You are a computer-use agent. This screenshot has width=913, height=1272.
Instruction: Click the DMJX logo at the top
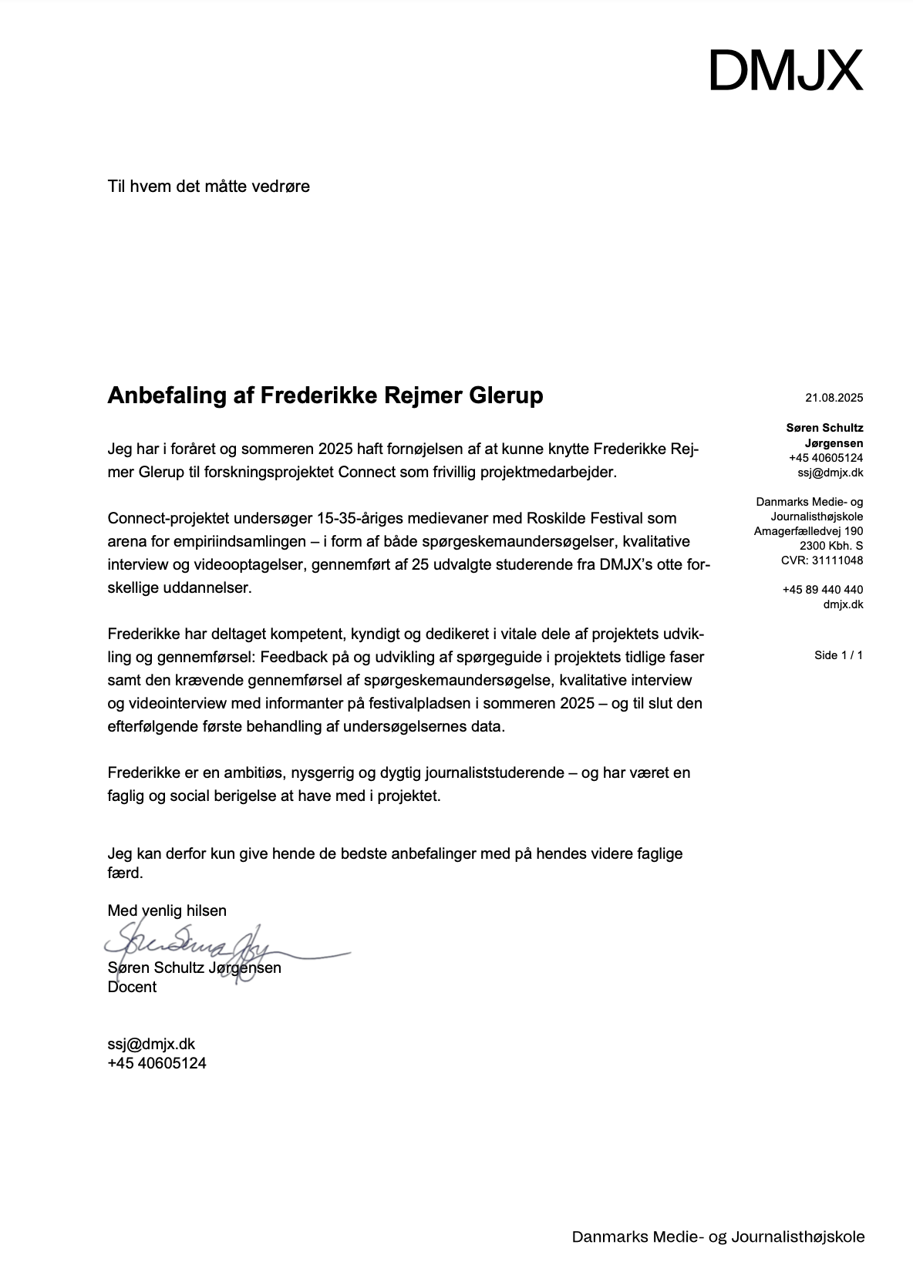785,70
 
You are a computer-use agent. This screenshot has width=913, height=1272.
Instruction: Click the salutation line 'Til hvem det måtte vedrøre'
208,186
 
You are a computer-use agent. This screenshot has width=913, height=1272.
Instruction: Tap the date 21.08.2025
834,398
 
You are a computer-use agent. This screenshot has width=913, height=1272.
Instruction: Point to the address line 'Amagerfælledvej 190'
808,531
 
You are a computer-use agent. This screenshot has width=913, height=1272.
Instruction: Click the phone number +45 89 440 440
822,590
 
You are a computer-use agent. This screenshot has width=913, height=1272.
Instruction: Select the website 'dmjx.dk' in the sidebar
843,604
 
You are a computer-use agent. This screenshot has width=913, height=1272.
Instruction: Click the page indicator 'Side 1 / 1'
838,655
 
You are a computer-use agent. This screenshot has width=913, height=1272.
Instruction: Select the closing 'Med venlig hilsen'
167,910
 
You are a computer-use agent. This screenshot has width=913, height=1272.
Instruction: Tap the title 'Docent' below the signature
132,987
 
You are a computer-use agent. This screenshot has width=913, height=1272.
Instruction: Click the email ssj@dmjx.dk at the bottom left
151,1044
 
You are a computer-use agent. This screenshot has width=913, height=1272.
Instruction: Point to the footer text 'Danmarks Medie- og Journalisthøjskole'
718,1237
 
